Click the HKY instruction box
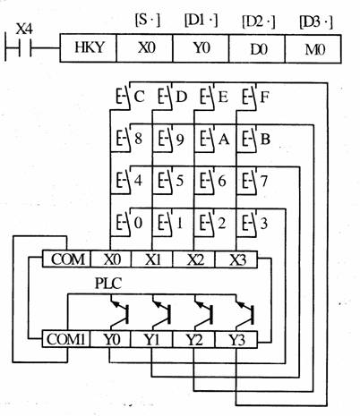tap(88, 48)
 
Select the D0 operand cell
tap(257, 48)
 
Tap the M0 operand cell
tap(313, 49)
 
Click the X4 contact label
tap(24, 30)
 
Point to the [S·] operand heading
tap(148, 21)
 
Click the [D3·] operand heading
tap(315, 22)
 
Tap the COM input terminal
tap(66, 259)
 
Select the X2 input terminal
tap(194, 259)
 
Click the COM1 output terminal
tap(66, 339)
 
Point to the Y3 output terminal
tap(236, 339)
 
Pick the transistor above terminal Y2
tap(203, 313)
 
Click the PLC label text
tap(108, 284)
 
